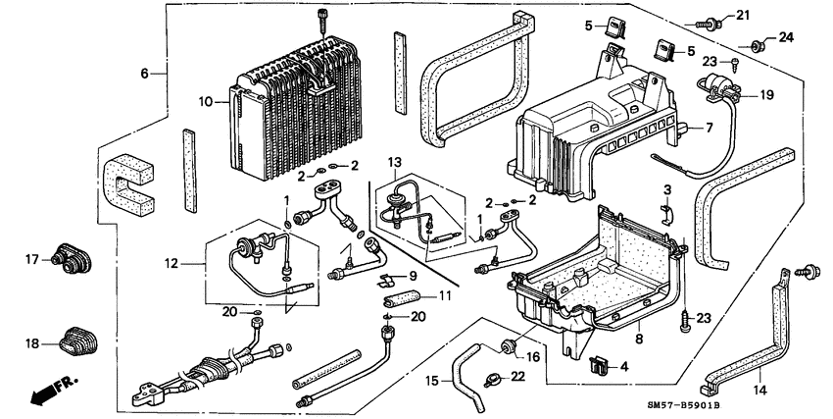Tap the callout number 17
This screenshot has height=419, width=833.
(x=30, y=259)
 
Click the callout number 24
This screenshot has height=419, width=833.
(x=784, y=38)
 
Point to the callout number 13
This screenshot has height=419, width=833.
(x=394, y=161)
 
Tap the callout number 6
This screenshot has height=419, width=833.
(x=144, y=74)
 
